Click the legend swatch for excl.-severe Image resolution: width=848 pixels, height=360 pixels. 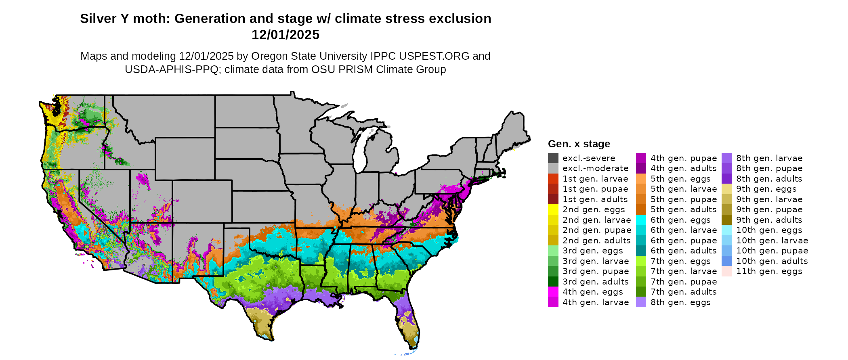[553, 158]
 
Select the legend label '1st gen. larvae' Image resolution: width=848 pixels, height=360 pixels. [595, 179]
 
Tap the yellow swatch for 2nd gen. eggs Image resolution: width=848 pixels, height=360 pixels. [553, 209]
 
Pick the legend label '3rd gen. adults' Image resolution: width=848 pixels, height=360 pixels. [596, 282]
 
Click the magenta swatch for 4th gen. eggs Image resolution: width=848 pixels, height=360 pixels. [553, 292]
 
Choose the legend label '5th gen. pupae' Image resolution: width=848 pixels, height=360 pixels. [684, 199]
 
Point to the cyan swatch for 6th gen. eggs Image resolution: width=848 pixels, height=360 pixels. [641, 220]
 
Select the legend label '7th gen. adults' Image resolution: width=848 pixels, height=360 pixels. [684, 292]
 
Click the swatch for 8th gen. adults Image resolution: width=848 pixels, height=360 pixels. [727, 179]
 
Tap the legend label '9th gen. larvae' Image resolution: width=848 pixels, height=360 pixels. [769, 199]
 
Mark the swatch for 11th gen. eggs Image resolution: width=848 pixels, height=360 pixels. [727, 271]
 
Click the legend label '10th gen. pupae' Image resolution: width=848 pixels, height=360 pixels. [772, 251]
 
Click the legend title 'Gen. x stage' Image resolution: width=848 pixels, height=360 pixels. [579, 144]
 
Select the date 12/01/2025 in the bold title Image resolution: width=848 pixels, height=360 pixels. [285, 35]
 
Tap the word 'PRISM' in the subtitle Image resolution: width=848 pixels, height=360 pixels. [354, 69]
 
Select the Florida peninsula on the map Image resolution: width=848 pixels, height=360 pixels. [408, 323]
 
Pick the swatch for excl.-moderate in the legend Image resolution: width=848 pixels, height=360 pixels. [553, 168]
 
